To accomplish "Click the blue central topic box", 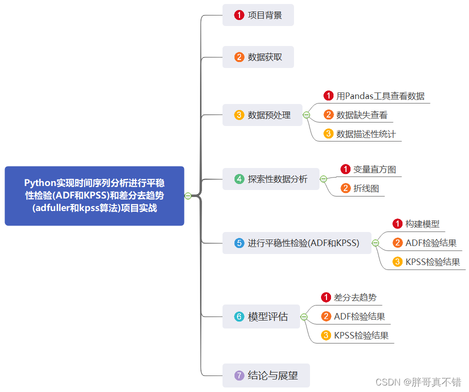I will [x=94, y=195].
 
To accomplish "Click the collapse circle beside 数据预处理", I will [x=306, y=115].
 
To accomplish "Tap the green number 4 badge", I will [x=239, y=179].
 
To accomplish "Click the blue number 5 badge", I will [x=239, y=243].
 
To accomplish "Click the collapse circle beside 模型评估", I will [x=304, y=316].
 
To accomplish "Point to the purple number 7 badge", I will [x=239, y=375].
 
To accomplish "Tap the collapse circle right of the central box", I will [x=188, y=195].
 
